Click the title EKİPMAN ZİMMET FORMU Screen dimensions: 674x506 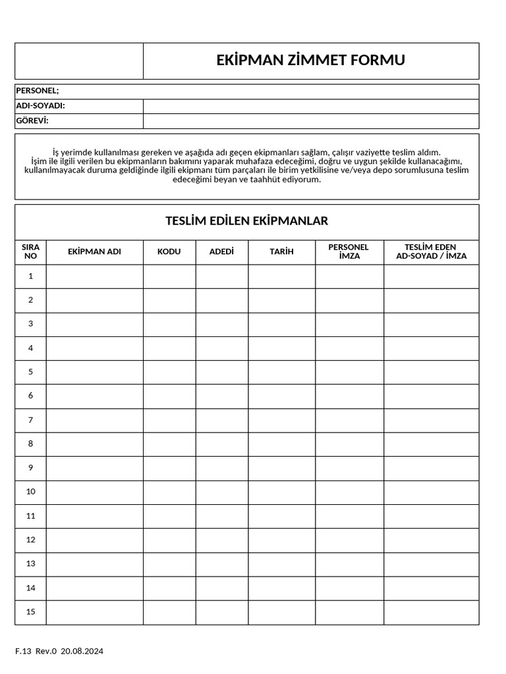(310, 61)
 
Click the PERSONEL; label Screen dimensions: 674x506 (38, 91)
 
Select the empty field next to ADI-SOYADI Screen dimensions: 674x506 (310, 106)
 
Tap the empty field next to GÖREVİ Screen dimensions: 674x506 (310, 121)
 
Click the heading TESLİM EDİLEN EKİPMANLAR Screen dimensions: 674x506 (246, 221)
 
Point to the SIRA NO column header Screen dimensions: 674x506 (30, 252)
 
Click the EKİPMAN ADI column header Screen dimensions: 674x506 (94, 252)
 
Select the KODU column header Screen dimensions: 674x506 (169, 252)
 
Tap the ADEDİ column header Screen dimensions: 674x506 (221, 252)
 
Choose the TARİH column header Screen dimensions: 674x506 (281, 252)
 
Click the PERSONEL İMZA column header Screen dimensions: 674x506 (349, 252)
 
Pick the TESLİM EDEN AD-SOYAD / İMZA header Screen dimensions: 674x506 (431, 252)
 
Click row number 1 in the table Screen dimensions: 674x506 (30, 276)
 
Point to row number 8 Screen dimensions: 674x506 (30, 444)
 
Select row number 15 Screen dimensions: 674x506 (30, 612)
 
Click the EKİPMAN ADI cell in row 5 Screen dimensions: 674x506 (94, 372)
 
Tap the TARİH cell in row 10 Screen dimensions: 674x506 (281, 492)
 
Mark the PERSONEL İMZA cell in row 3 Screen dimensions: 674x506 (349, 324)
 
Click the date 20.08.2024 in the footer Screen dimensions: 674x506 (82, 652)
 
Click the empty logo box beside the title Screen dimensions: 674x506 (79, 61)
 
